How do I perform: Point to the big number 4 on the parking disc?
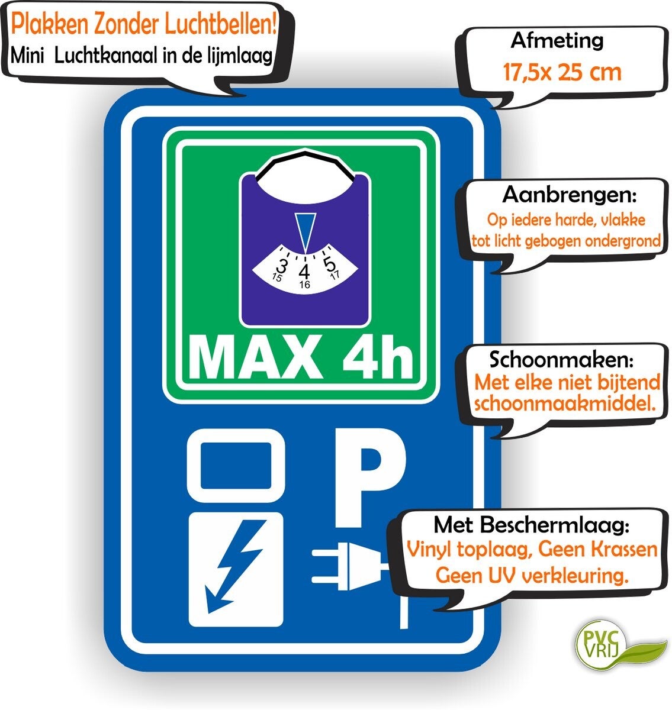[305, 272]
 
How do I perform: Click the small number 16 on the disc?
[305, 285]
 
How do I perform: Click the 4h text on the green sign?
[377, 357]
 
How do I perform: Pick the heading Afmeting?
[557, 41]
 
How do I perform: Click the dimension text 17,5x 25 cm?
[562, 72]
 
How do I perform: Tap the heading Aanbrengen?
[570, 195]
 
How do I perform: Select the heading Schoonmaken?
[561, 360]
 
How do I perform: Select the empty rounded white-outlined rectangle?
[236, 466]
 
